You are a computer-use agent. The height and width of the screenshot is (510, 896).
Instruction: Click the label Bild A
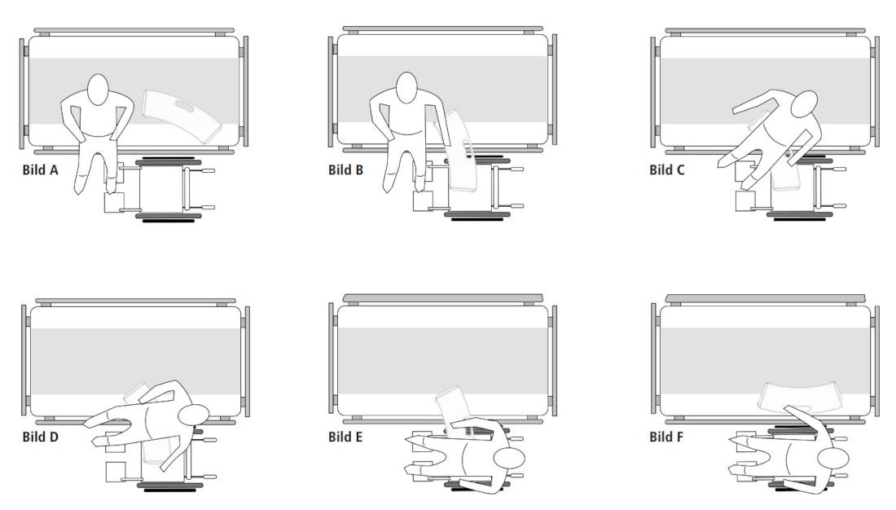coord(40,169)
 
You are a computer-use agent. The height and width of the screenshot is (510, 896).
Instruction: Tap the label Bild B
coord(345,169)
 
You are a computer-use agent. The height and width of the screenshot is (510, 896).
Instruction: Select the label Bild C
coord(667,169)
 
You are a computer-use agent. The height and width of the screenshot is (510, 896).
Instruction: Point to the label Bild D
coord(40,437)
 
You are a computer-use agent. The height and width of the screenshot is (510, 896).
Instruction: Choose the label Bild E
coord(345,437)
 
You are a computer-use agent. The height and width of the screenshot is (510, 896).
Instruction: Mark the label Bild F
coord(666,437)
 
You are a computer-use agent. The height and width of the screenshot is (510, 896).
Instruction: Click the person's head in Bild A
coord(99,89)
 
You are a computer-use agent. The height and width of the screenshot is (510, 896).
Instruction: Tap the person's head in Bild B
coord(406,87)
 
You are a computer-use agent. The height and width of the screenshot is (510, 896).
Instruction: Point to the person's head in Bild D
coord(194,415)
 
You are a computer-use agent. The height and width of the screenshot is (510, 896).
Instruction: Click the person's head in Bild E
coord(509,459)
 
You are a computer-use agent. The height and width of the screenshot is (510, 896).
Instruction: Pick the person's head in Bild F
coord(833,459)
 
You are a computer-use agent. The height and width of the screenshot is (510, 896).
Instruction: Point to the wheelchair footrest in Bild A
coord(114,202)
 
